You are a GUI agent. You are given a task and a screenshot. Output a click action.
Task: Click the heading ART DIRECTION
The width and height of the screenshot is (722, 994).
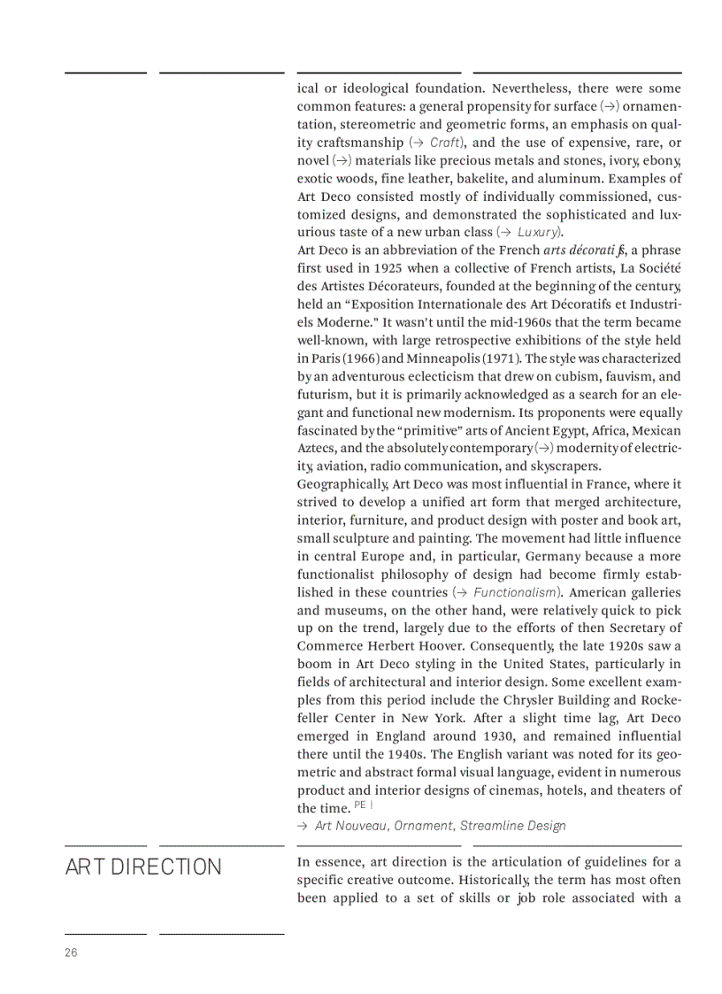143,867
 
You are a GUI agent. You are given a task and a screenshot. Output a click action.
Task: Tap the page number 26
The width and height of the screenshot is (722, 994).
71,952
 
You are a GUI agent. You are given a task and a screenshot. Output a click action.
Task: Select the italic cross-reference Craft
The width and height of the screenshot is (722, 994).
445,143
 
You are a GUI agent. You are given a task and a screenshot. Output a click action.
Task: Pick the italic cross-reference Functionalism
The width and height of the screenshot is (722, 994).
515,592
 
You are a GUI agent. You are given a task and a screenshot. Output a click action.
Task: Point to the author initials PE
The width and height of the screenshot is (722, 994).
359,805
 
